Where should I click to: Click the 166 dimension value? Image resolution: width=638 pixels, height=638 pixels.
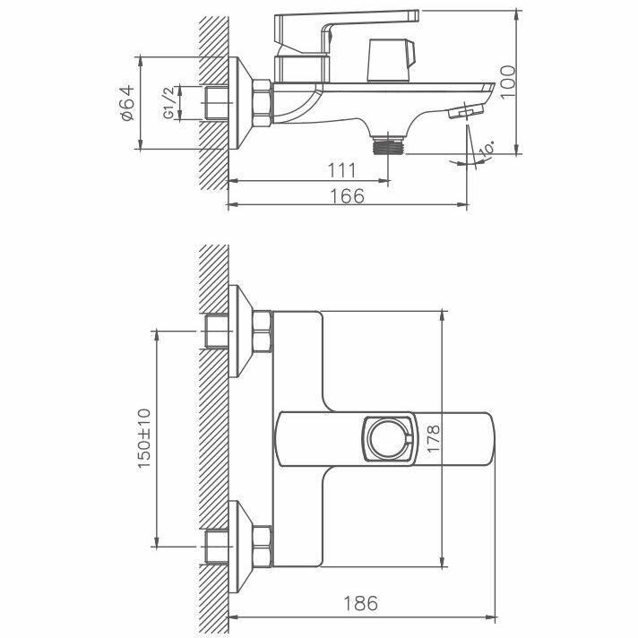click(x=347, y=196)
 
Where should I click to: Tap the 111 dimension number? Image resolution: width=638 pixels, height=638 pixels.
click(x=342, y=170)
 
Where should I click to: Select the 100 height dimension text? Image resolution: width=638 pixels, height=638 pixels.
click(x=508, y=82)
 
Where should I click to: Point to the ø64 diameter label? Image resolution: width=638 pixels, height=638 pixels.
click(x=127, y=103)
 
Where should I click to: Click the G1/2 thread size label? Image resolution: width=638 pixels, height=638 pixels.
click(x=168, y=102)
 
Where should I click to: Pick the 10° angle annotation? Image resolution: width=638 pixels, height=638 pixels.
click(x=487, y=149)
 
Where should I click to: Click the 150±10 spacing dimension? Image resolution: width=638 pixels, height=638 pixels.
click(x=144, y=439)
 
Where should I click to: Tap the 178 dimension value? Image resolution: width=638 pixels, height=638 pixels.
click(x=434, y=438)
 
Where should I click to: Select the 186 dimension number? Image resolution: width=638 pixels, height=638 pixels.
click(x=361, y=603)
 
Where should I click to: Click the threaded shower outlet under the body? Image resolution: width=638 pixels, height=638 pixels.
click(x=388, y=146)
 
